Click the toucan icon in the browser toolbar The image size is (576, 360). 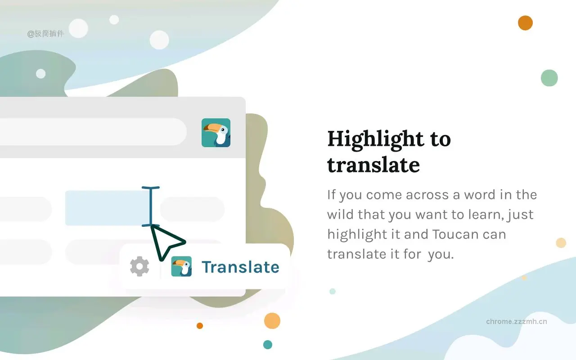(216, 133)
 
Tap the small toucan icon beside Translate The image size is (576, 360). (181, 266)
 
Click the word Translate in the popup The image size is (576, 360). (240, 267)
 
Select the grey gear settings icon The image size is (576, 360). (139, 266)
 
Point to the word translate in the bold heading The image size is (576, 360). (373, 165)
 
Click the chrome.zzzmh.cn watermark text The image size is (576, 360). (517, 321)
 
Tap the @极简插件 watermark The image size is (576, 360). (45, 33)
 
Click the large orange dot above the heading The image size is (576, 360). (525, 22)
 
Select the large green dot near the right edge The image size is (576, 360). (549, 78)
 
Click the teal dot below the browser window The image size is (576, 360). (268, 344)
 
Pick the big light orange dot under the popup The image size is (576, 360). (272, 321)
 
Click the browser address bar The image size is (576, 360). (90, 131)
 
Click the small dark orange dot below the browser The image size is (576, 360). (200, 326)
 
